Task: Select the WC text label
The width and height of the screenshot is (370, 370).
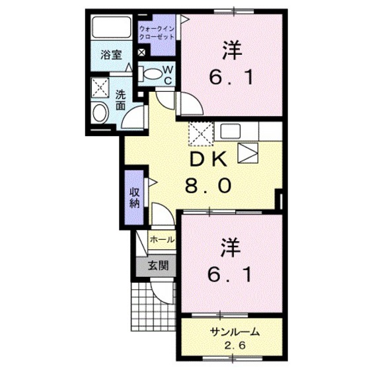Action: (168, 73)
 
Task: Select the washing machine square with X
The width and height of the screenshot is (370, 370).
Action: (102, 88)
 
